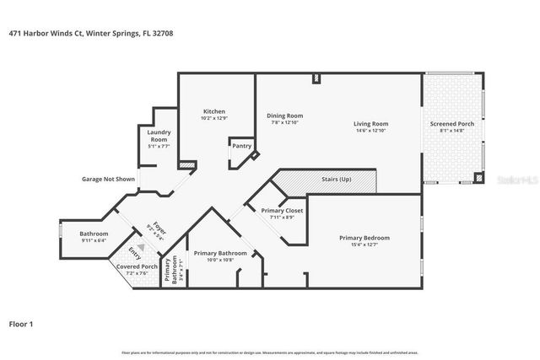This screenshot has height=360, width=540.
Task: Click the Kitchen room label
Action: [x=214, y=112]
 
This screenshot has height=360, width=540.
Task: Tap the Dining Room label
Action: [x=285, y=116]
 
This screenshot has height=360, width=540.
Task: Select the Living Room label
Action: [x=370, y=124]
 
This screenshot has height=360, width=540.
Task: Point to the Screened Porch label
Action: [x=452, y=124]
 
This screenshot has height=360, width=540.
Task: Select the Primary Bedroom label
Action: [x=364, y=238]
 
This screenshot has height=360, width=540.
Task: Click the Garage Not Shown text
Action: [x=108, y=179]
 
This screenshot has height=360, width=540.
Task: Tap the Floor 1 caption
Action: [x=21, y=323]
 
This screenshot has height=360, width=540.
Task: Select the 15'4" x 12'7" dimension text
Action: [x=364, y=245]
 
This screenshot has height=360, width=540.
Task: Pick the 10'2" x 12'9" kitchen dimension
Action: [x=214, y=119]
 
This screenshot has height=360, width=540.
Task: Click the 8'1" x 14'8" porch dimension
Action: [x=452, y=131]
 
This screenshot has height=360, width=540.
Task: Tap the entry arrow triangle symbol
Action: [x=141, y=246]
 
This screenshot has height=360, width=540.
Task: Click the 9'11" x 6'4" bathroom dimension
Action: [x=94, y=240]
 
